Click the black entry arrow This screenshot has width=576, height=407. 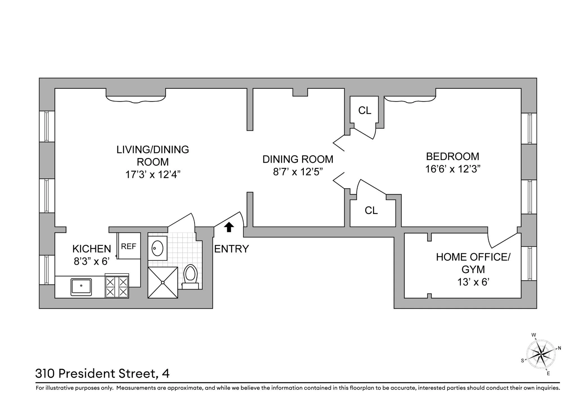click(229, 227)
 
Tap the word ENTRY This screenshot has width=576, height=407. click(231, 249)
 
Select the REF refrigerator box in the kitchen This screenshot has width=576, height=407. click(129, 246)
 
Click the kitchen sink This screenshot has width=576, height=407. click(81, 287)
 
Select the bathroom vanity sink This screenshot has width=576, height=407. click(157, 248)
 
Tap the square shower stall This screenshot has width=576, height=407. click(163, 282)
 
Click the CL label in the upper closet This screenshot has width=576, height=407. click(364, 110)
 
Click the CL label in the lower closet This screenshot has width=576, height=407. click(371, 211)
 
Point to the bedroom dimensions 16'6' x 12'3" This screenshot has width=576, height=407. click(453, 169)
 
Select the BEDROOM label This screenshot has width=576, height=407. click(453, 157)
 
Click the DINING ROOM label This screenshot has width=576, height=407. click(298, 159)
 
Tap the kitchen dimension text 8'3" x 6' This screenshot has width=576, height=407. click(92, 261)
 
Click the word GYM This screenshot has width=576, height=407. click(473, 270)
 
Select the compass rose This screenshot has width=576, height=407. click(541, 354)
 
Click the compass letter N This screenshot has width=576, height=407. click(559, 348)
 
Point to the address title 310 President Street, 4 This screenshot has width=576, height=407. click(102, 374)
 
